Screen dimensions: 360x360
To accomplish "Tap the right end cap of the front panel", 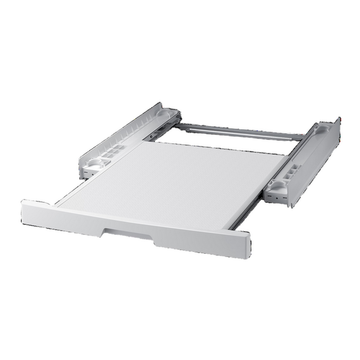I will [x=243, y=244].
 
